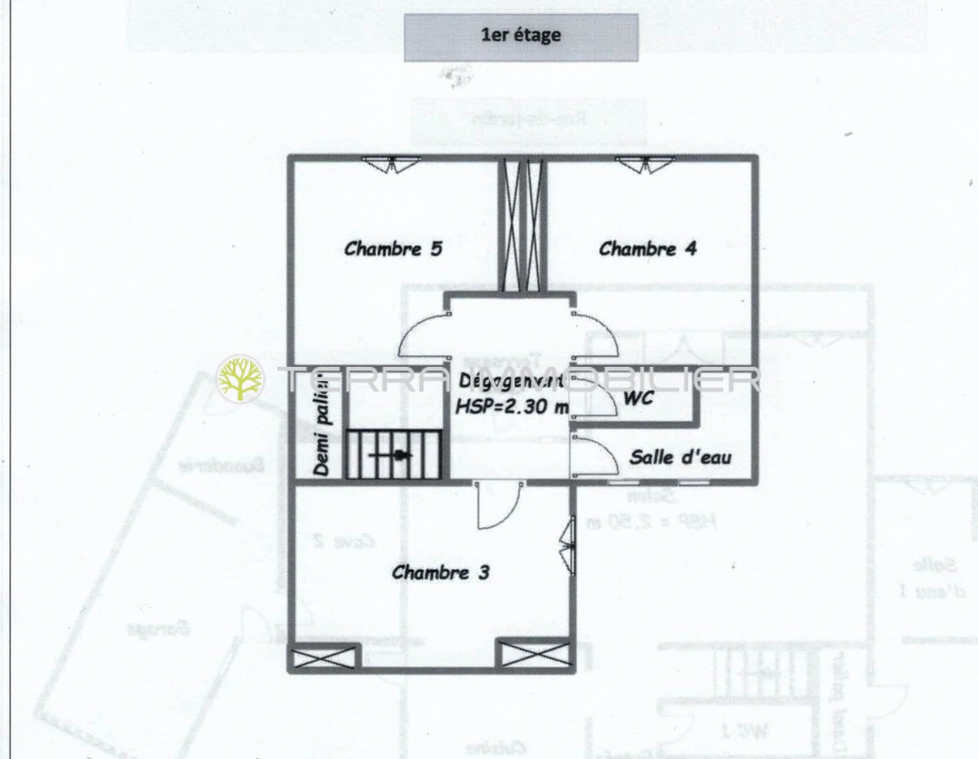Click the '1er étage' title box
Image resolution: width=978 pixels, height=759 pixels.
(520, 37)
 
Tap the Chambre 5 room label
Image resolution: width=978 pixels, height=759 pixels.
(393, 249)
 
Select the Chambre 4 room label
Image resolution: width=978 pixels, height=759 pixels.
(647, 249)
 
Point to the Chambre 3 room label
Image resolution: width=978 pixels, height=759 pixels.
(440, 573)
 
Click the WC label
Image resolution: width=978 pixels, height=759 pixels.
(638, 398)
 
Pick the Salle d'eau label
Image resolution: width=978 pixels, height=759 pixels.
(680, 458)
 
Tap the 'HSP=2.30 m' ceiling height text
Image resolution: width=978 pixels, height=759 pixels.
(511, 406)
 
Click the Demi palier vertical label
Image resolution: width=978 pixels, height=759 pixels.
(321, 425)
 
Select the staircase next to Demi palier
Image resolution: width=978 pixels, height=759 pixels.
(393, 455)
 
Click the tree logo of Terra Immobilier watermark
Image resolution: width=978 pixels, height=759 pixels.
(241, 379)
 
